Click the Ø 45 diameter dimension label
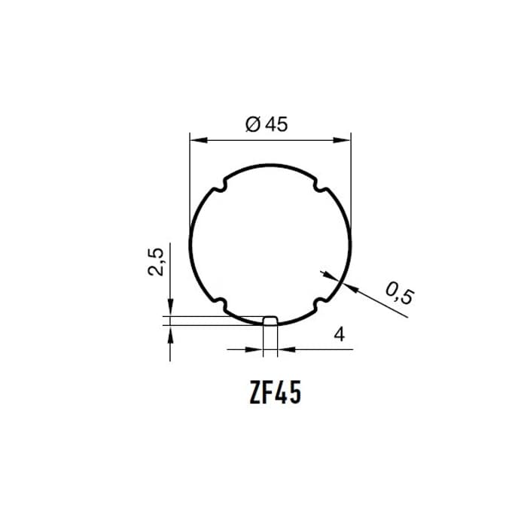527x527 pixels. [267, 124]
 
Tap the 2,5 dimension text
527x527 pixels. [156, 262]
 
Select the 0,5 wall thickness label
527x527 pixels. [400, 293]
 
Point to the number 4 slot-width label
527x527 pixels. [340, 335]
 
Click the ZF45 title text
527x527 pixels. [275, 393]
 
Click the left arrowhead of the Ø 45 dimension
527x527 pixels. [198, 140]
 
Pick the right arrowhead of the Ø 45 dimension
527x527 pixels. [343, 140]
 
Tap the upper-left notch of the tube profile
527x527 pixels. [221, 186]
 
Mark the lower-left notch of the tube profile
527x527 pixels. [221, 303]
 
